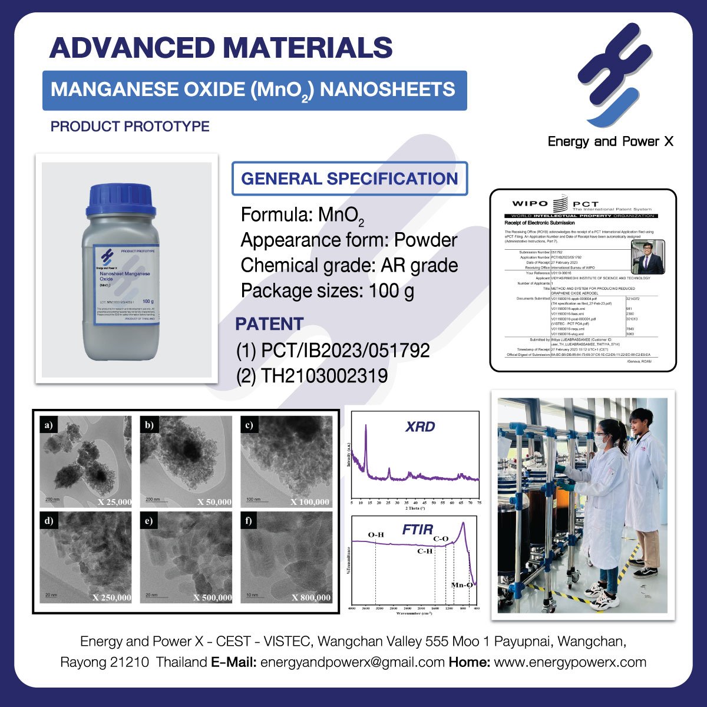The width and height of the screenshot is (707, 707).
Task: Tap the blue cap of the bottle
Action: (121, 201)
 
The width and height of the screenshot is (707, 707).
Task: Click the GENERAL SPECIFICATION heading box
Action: (349, 179)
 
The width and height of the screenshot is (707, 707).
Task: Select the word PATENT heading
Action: (269, 324)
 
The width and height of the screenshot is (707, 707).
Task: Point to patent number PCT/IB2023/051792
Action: (333, 351)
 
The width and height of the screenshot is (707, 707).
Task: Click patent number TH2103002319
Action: (312, 375)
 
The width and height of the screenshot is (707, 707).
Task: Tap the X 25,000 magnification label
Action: (114, 502)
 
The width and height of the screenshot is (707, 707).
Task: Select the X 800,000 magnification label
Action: (311, 597)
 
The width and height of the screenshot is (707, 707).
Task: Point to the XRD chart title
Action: (420, 427)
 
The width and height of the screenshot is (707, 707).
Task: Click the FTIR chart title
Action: (418, 530)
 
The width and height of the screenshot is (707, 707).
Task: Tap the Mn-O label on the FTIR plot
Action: (461, 585)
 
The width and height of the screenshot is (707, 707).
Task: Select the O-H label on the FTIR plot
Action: (376, 535)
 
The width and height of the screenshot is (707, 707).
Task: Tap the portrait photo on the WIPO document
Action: (647, 257)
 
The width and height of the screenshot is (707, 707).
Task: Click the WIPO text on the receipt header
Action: (530, 204)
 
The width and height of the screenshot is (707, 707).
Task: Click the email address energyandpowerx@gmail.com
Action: (352, 662)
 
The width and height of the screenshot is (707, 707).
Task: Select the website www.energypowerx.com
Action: (570, 662)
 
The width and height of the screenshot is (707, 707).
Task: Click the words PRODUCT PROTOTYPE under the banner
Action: (130, 127)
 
